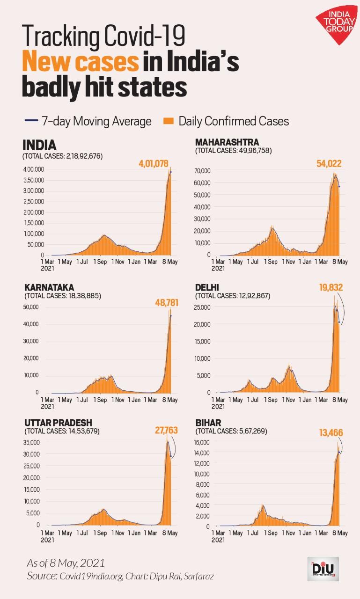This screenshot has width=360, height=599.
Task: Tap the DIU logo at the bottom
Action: tap(323, 569)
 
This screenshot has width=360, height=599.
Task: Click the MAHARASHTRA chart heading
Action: tap(227, 142)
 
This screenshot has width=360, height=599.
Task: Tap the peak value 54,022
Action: tap(328, 164)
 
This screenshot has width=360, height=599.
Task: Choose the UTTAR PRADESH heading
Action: tap(59, 422)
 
